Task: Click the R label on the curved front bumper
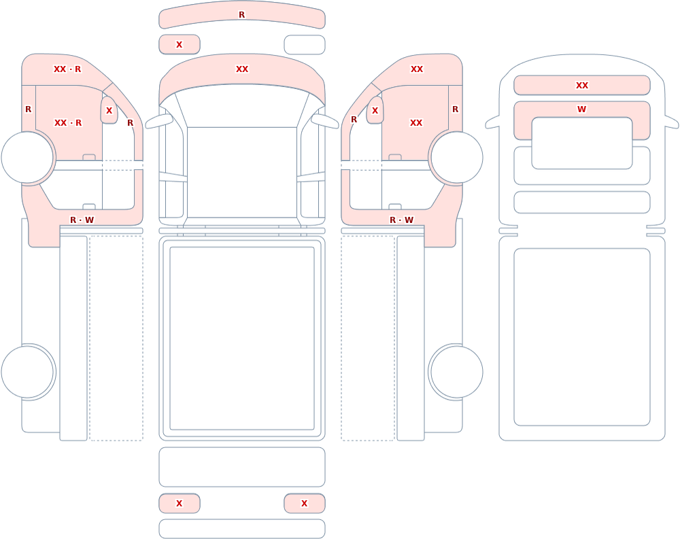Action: (x=241, y=15)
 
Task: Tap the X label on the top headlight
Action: (x=179, y=45)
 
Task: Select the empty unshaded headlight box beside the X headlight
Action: (x=305, y=45)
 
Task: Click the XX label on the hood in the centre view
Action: (x=242, y=69)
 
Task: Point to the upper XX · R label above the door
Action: (x=67, y=69)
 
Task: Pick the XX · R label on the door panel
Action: (x=67, y=123)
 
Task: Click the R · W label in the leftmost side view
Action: (x=82, y=220)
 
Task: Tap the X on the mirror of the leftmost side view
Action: (x=109, y=111)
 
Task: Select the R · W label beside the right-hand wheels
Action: (x=402, y=220)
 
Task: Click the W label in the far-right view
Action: (x=581, y=109)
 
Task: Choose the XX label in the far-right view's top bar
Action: (x=582, y=86)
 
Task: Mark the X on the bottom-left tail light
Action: (x=179, y=504)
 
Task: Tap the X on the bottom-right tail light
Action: (x=305, y=504)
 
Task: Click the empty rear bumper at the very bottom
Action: (x=242, y=529)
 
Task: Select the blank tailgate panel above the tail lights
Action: (x=242, y=467)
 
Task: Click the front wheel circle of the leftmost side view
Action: (x=27, y=158)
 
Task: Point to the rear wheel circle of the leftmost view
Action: (x=27, y=372)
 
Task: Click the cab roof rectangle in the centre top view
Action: (x=242, y=173)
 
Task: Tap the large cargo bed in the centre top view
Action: (x=242, y=338)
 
